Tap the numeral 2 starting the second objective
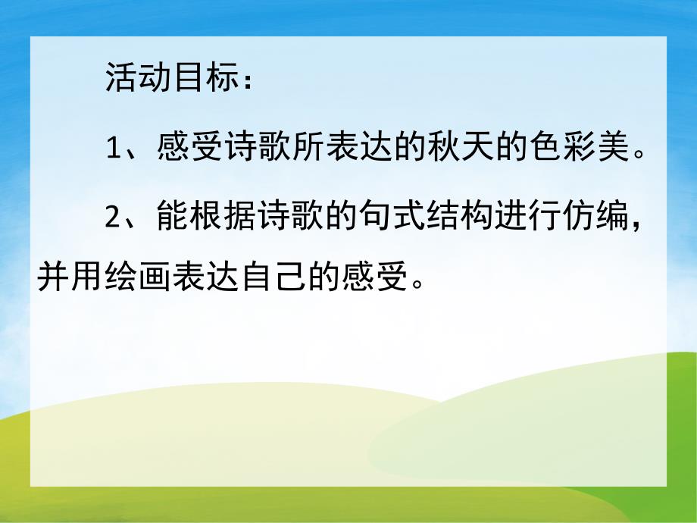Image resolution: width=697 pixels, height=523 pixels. pos(114,218)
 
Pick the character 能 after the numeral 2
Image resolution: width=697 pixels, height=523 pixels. pos(169,218)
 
